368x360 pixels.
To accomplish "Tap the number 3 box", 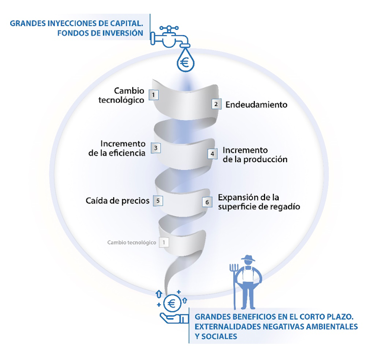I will (155, 148).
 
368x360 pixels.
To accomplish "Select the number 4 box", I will (212, 154).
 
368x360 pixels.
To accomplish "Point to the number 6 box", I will (207, 202).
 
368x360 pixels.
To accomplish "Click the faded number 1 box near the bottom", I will (164, 242).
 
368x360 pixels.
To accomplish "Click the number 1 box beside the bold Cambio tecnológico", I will (153, 95).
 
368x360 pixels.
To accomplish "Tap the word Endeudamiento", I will (256, 105).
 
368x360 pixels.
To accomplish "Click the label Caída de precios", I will (117, 200).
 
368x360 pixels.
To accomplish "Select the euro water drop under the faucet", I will (184, 61).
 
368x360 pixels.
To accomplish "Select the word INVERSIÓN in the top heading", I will (122, 33).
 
